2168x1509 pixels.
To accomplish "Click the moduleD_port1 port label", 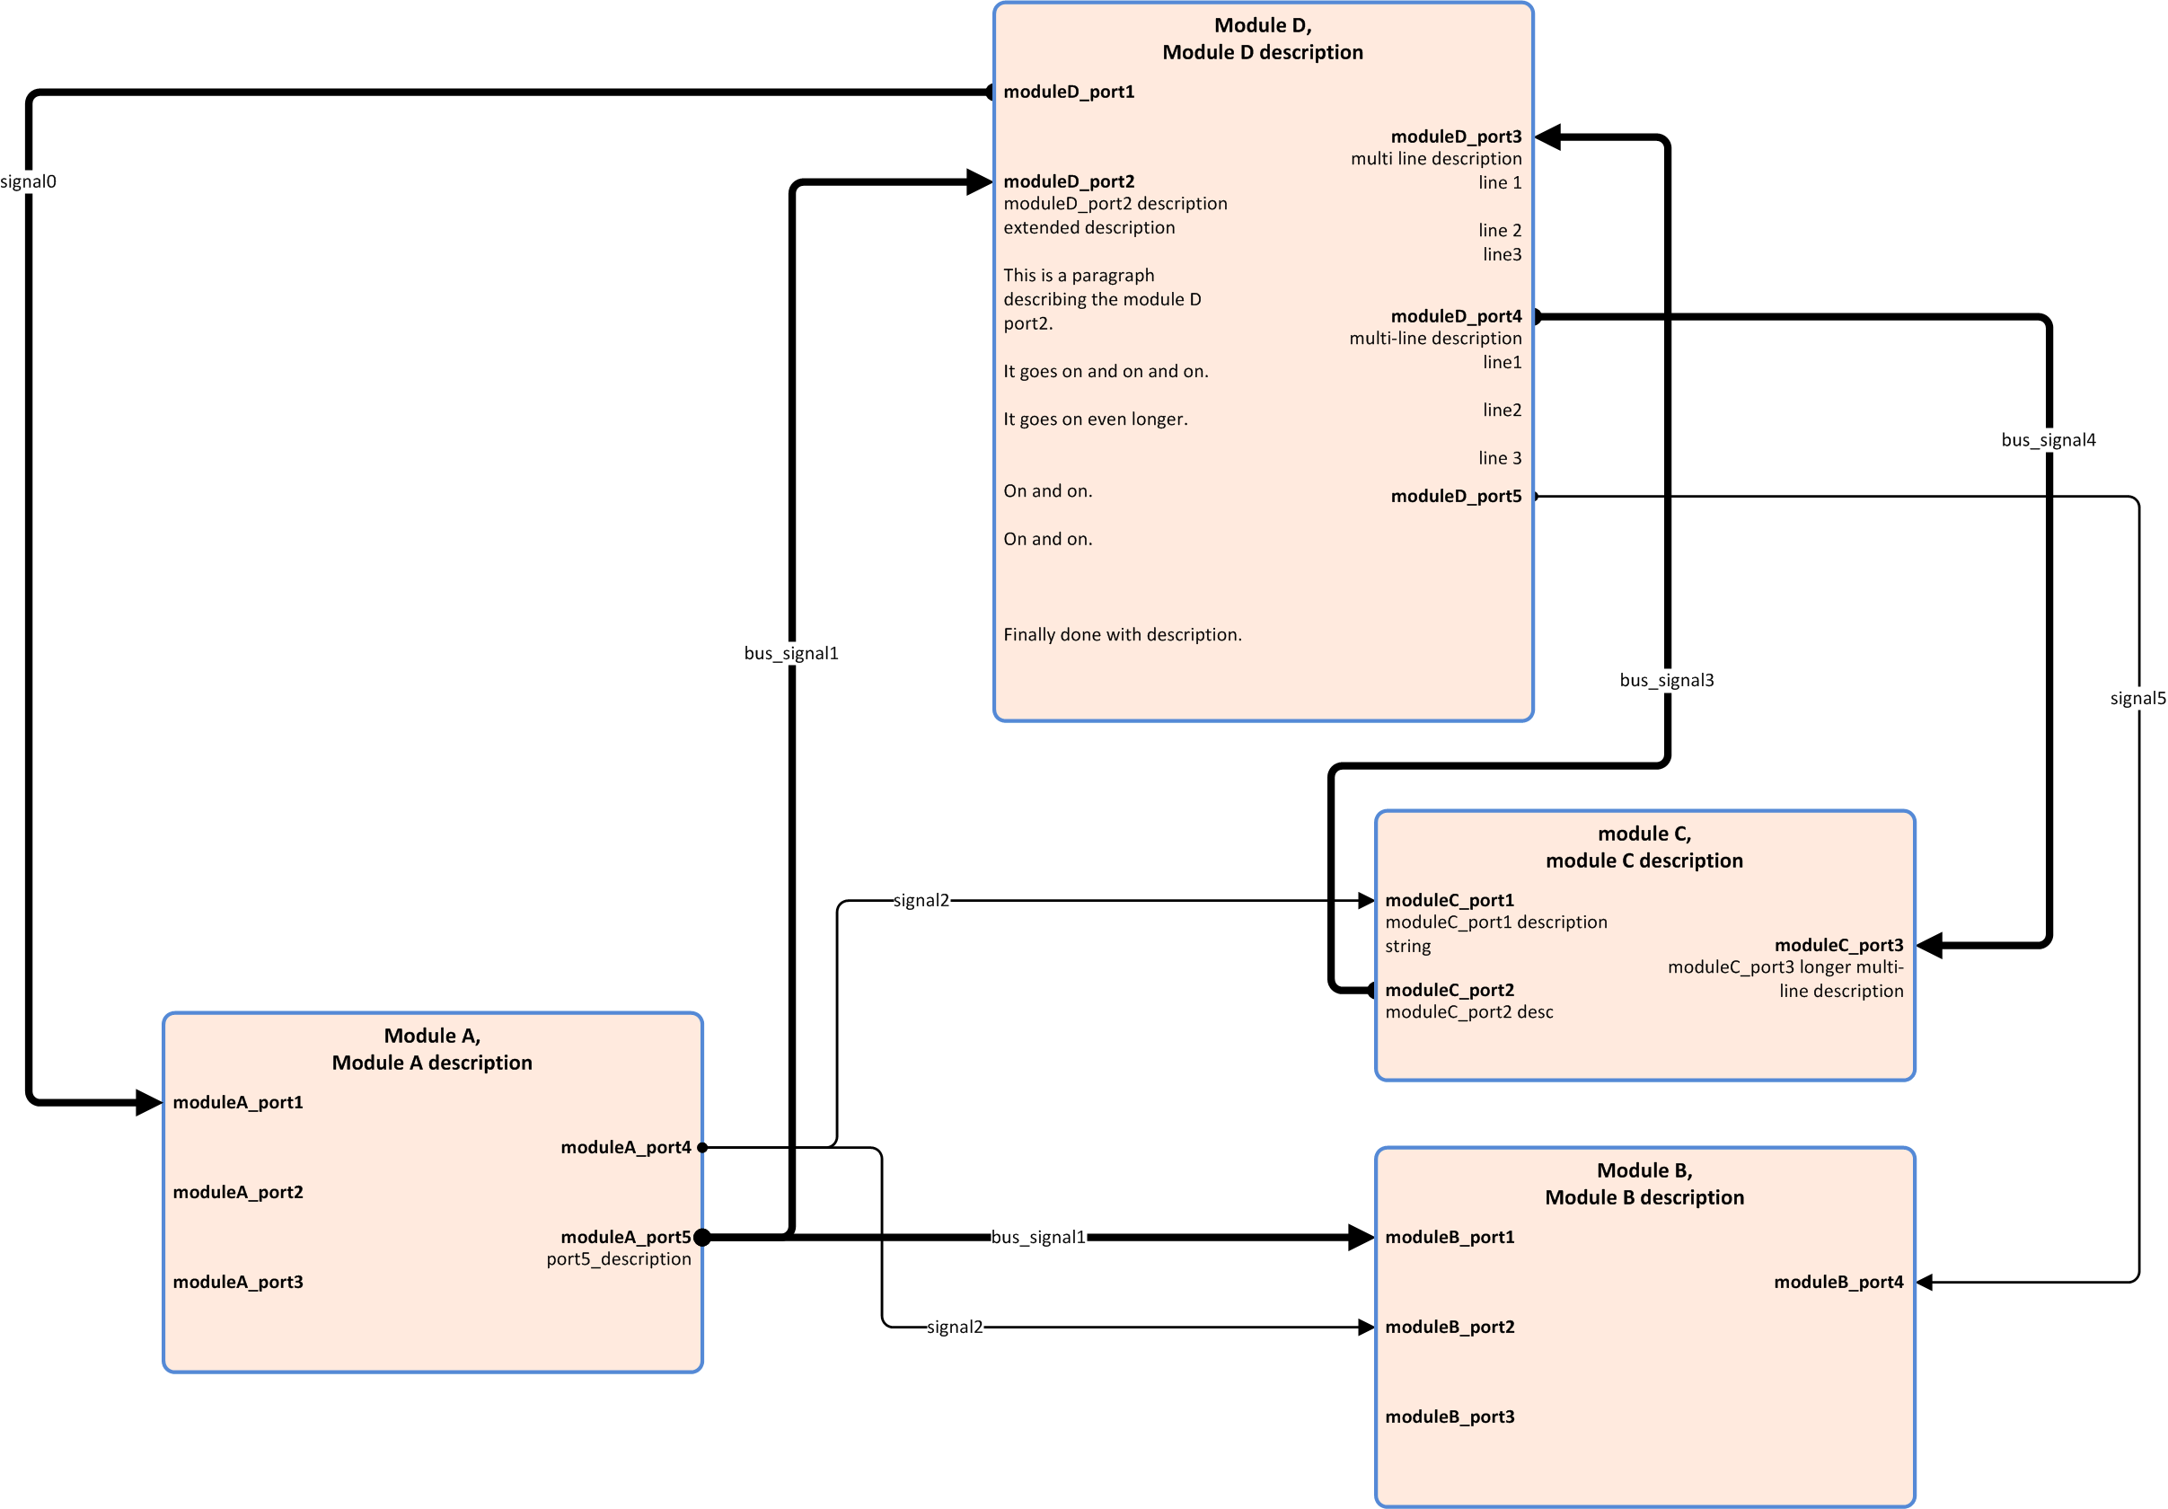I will (x=1068, y=92).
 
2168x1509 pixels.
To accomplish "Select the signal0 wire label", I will (x=29, y=181).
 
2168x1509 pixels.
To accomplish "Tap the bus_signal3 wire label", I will (x=1666, y=680).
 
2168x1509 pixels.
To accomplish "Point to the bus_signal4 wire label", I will (x=2047, y=440).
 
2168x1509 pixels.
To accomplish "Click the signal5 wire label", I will (x=2137, y=699).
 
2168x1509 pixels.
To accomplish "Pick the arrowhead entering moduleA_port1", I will (x=148, y=1102).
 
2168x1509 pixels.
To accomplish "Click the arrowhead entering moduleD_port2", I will (x=979, y=182).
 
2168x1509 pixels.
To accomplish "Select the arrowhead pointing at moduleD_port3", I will (x=1548, y=137).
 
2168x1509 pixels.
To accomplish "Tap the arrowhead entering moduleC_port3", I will (x=1930, y=945).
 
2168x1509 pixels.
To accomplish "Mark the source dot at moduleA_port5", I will (x=702, y=1237).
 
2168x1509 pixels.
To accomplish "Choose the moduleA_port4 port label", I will (x=625, y=1147).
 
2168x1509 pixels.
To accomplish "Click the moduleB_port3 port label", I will (x=1450, y=1416).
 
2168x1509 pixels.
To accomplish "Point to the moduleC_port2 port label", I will (x=1450, y=990).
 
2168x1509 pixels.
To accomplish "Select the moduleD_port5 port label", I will (x=1455, y=496).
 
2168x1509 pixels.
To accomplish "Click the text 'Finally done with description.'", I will (x=1122, y=634).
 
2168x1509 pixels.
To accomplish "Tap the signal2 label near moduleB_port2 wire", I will (x=955, y=1327).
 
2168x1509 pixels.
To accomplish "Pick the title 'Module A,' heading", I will (x=431, y=1036).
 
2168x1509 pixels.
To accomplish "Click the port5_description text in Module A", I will (x=619, y=1258).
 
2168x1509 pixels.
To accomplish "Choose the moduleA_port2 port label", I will (x=238, y=1192).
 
